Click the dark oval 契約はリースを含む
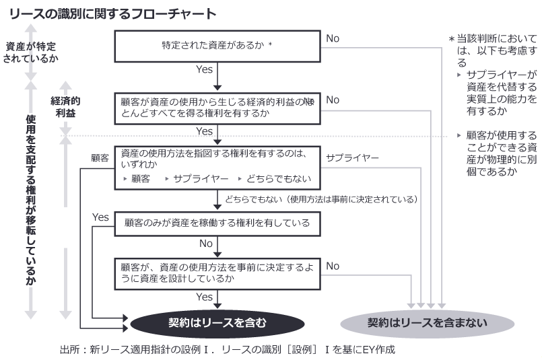pyautogui.click(x=217, y=322)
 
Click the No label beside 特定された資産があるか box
pyautogui.click(x=333, y=39)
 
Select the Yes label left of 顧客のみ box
pyautogui.click(x=100, y=217)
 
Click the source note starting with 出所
pyautogui.click(x=226, y=349)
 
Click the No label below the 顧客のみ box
pyautogui.click(x=207, y=243)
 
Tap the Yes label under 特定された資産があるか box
pyautogui.click(x=204, y=69)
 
